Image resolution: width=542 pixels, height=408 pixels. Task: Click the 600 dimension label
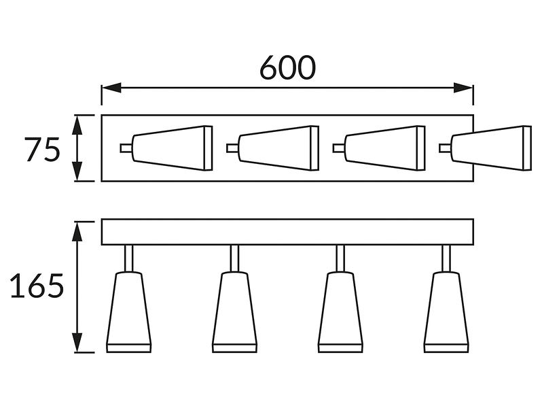point(287,67)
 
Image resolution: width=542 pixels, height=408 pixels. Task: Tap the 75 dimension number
point(43,149)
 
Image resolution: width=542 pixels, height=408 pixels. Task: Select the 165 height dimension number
point(37,286)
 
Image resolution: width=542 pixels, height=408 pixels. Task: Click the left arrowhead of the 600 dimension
point(111,88)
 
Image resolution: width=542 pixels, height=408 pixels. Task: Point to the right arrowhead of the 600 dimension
point(463,88)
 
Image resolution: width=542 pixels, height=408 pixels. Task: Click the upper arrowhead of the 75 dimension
point(77,125)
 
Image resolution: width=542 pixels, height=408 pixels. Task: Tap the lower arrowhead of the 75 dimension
point(77,171)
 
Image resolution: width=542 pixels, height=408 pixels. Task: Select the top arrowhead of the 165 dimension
point(78,231)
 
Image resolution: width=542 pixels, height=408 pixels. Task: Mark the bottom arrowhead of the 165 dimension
point(78,343)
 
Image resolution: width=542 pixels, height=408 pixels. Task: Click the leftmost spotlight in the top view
point(166,148)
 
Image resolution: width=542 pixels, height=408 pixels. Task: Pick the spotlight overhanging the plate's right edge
point(486,148)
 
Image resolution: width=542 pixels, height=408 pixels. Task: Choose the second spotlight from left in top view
point(273,148)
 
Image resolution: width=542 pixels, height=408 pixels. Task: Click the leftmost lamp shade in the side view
point(129,312)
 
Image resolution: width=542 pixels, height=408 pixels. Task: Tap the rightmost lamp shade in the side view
point(447,312)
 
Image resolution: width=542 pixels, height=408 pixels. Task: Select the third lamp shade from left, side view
point(340,312)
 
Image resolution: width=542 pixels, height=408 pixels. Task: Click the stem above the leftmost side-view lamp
point(128,258)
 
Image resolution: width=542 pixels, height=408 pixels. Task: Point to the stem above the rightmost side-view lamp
point(446,258)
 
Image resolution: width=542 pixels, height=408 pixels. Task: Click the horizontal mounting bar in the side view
point(287,232)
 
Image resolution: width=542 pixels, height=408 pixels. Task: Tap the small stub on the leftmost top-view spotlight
point(126,148)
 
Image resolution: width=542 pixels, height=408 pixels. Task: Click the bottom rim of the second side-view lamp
point(235,348)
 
